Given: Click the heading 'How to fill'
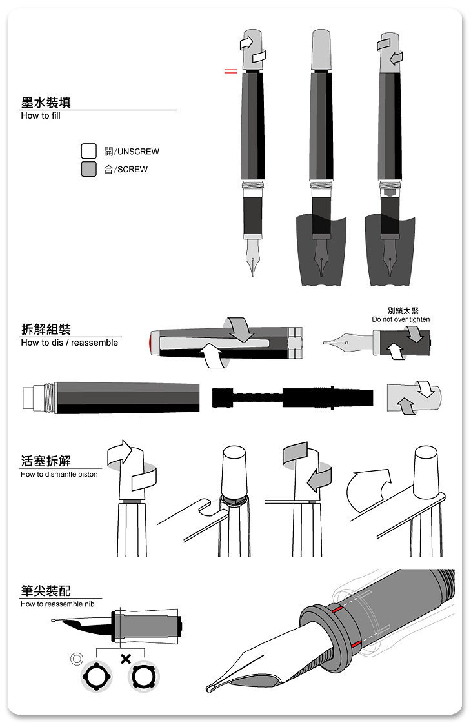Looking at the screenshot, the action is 40,116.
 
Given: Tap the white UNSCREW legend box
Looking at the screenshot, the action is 88,151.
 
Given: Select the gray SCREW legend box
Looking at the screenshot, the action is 88,169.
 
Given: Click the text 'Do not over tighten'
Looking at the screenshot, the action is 400,320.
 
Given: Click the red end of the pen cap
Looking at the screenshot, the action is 152,342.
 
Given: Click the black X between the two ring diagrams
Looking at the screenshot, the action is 125,659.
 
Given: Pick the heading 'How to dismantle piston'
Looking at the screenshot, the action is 59,475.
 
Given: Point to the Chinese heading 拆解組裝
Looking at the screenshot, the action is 46,329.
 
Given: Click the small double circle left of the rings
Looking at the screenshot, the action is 77,659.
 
